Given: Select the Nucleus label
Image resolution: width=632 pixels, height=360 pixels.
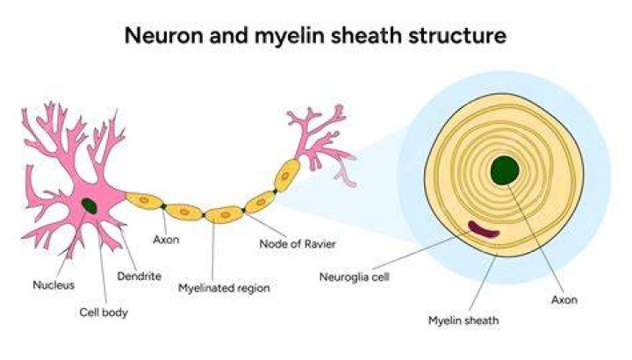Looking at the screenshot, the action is (x=54, y=285).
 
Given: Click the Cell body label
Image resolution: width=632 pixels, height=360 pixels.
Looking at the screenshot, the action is (x=104, y=313).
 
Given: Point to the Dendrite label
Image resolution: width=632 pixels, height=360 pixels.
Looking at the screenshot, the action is (x=139, y=277).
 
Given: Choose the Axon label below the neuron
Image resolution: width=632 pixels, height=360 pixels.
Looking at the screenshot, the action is (x=166, y=240).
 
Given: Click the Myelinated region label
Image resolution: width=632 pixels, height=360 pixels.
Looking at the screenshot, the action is (x=224, y=288).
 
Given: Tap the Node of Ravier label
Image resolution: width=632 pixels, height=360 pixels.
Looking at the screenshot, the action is (x=298, y=244).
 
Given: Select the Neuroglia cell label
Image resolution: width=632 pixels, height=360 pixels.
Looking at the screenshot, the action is (x=355, y=277).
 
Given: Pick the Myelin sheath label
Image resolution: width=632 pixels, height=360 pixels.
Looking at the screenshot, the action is (x=463, y=320).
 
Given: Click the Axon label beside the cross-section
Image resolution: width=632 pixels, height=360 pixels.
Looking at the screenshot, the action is (x=564, y=299).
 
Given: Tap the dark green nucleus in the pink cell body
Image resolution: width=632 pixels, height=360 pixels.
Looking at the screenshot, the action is (x=90, y=206).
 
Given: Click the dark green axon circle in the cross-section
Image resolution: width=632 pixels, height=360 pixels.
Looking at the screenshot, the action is (x=505, y=170).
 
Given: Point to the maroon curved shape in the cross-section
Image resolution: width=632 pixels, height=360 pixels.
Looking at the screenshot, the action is (x=483, y=230).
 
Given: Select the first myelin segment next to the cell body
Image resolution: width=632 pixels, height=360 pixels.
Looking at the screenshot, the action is (x=144, y=200).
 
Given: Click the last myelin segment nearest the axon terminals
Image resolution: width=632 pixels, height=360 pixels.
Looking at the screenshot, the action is (x=287, y=176).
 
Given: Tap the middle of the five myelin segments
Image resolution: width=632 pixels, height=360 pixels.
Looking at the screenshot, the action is (x=225, y=215).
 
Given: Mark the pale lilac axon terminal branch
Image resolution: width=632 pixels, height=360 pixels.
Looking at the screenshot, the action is (x=346, y=174).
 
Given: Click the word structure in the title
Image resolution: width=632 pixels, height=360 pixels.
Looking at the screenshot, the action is (x=457, y=35).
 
